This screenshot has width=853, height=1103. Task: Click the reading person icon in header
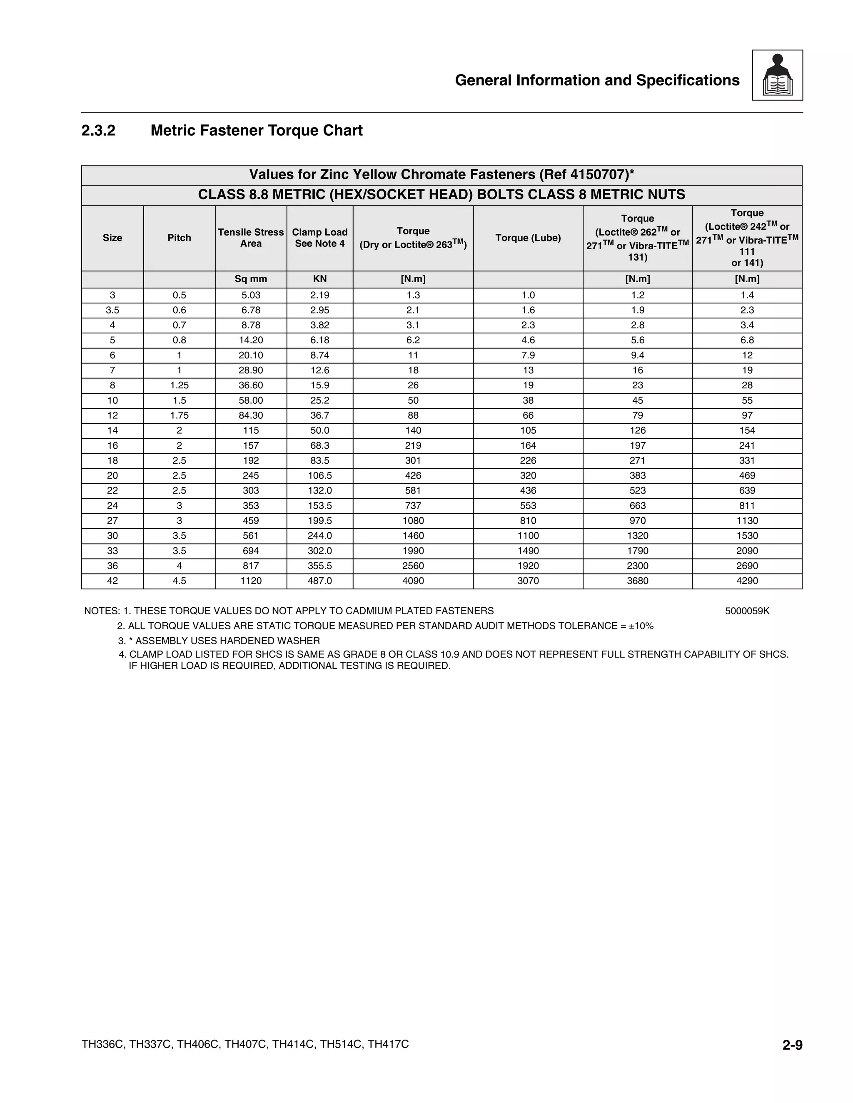point(777,75)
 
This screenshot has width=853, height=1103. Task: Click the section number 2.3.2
point(99,131)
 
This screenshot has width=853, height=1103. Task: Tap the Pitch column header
point(180,238)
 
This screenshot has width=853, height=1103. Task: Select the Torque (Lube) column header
point(528,238)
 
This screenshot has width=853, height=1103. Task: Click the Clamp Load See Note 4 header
point(320,238)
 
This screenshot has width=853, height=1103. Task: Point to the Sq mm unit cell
point(251,279)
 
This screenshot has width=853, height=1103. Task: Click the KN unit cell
point(320,279)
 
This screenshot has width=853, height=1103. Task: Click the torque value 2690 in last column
point(747,566)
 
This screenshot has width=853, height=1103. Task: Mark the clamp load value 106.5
point(320,475)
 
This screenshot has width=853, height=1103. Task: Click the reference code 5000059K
point(747,611)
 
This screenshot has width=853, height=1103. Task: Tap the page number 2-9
point(792,1045)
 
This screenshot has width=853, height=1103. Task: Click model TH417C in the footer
point(388,1044)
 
